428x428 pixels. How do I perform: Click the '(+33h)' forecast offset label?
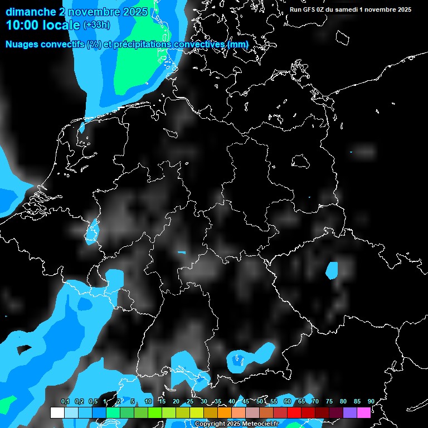[96, 25]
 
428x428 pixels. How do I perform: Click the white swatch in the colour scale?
[57, 412]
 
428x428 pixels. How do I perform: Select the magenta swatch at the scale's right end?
[364, 412]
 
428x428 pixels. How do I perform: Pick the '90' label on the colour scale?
[371, 402]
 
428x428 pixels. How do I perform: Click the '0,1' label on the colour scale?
[65, 402]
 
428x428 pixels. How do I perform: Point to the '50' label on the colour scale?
[260, 402]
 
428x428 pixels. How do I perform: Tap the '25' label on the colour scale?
[190, 402]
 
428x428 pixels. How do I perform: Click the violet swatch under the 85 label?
[350, 412]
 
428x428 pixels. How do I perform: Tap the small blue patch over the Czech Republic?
[332, 270]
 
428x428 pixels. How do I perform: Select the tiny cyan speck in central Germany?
[181, 252]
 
